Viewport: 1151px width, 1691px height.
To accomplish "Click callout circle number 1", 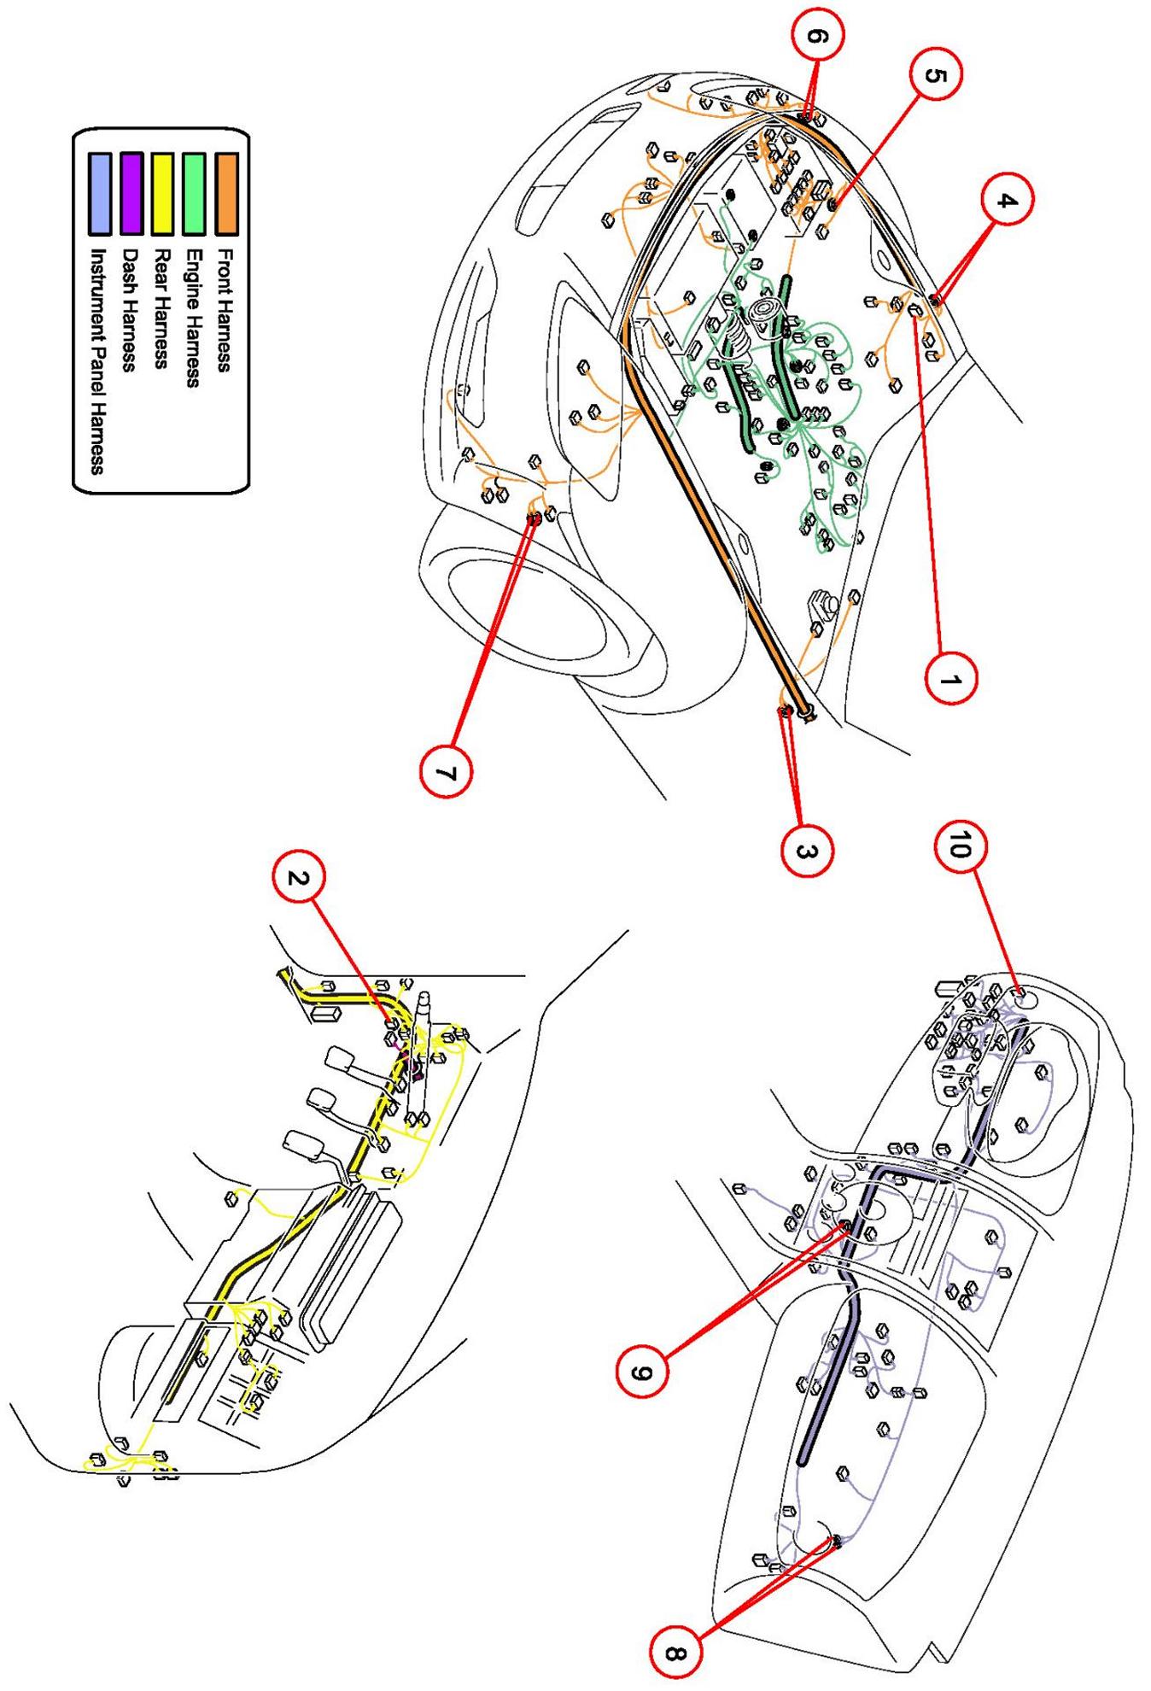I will (950, 679).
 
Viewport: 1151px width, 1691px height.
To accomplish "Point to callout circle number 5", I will (932, 75).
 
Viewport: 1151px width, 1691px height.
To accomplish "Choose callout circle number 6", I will (815, 36).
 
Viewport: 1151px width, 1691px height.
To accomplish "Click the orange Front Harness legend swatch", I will (226, 194).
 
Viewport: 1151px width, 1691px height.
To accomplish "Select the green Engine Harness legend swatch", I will (195, 194).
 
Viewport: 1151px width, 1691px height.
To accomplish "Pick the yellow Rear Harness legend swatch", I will (163, 194).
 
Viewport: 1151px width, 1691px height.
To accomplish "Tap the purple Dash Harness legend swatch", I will (131, 194).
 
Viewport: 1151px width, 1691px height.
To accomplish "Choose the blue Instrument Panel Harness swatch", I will (100, 194).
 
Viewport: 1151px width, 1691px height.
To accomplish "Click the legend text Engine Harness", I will (194, 318).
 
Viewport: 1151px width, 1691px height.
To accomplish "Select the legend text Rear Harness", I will (162, 307).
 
